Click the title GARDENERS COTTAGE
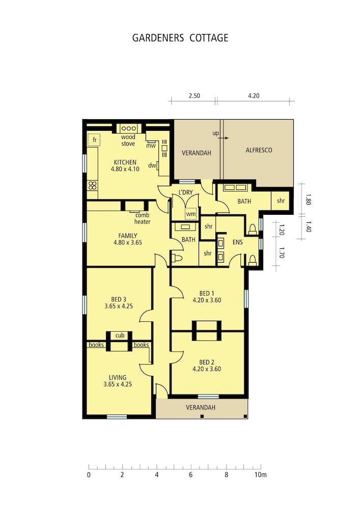pos(180,38)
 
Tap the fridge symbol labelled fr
pos(94,140)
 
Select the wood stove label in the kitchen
pos(128,140)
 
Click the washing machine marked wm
pos(191,214)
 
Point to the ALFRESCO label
pos(259,150)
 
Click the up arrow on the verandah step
pos(223,138)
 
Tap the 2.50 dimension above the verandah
pos(195,96)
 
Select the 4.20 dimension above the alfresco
pos(254,96)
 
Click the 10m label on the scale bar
pos(260,475)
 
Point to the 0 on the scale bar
pos(89,475)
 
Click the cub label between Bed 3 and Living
pos(120,335)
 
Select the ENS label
pos(238,242)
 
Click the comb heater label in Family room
pos(142,218)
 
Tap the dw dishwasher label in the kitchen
pos(152,165)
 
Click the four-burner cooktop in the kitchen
pos(93,185)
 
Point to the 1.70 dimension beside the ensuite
pos(282,252)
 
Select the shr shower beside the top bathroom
pos(281,201)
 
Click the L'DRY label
pos(186,192)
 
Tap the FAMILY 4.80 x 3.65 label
pos(128,239)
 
